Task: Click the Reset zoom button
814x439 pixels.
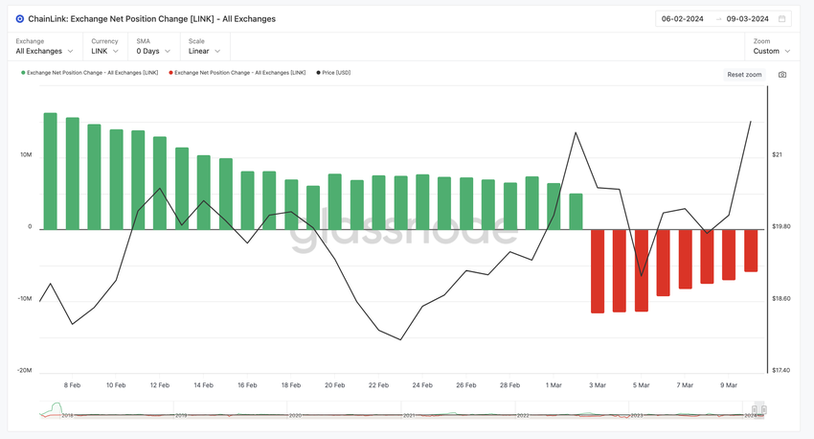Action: (x=744, y=74)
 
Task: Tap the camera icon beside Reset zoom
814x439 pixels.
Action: (x=782, y=74)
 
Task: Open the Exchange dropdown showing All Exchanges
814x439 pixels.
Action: (x=45, y=51)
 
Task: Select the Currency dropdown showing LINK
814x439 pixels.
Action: (x=107, y=51)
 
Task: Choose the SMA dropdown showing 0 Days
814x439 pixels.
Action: (x=153, y=51)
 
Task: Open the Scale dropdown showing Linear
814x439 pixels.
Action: (x=205, y=51)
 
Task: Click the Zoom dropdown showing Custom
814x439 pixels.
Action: (x=772, y=51)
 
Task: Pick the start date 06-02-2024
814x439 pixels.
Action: (x=683, y=18)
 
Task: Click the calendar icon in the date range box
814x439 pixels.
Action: (x=782, y=18)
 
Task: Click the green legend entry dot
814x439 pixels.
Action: (x=23, y=73)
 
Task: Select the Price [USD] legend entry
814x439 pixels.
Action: (x=335, y=73)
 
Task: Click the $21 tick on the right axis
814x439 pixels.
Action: (x=779, y=154)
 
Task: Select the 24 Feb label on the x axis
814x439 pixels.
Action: (x=422, y=385)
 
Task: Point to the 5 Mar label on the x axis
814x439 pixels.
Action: (x=641, y=385)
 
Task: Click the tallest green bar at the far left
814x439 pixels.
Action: (x=51, y=171)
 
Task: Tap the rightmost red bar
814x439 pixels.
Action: (x=751, y=250)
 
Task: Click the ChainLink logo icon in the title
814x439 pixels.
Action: (x=20, y=18)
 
